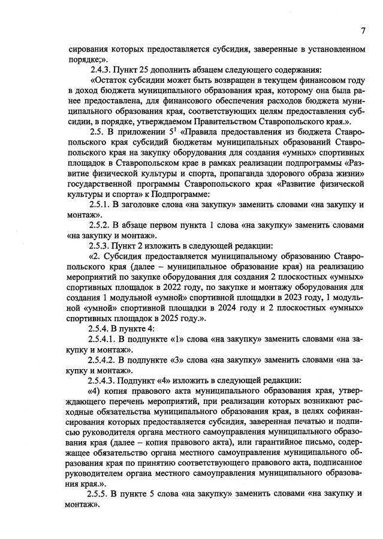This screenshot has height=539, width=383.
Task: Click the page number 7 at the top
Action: [363, 31]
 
